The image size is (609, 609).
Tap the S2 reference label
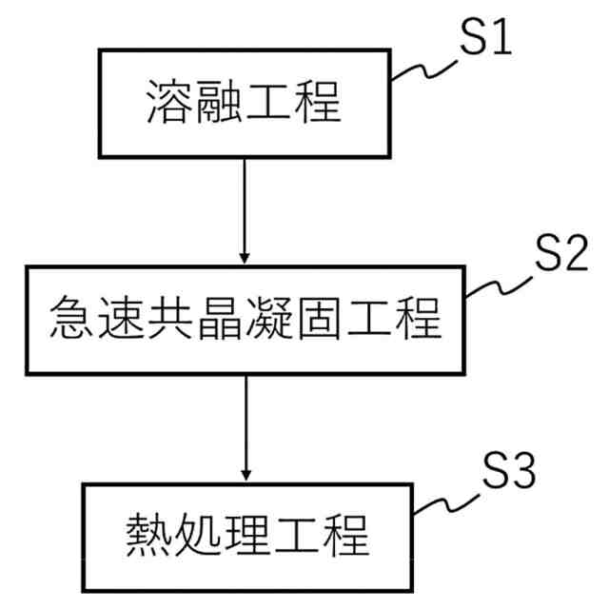(x=560, y=254)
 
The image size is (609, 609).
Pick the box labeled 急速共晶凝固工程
(x=246, y=320)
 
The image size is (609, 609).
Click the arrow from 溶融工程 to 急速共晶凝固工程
(x=245, y=209)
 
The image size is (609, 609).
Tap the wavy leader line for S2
(x=500, y=283)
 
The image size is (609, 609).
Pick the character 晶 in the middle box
(x=220, y=320)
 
